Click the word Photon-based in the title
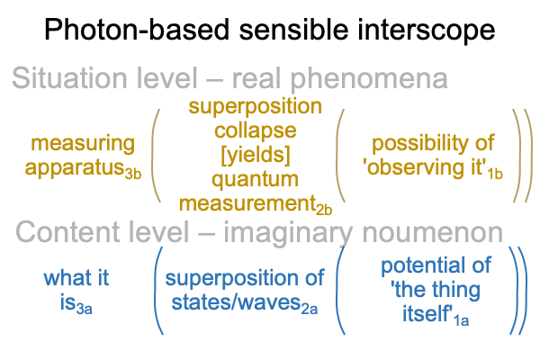[x=137, y=31]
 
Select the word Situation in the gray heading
[x=69, y=78]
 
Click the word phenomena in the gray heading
[x=368, y=79]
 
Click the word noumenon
[x=433, y=233]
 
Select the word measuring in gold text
[x=83, y=144]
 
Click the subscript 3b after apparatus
[x=133, y=174]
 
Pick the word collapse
[x=256, y=131]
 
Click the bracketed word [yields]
[x=256, y=155]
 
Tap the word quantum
[x=256, y=180]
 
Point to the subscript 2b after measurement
[x=324, y=209]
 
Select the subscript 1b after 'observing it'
[x=495, y=174]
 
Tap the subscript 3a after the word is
[x=85, y=309]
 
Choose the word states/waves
[x=236, y=302]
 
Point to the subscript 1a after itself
[x=461, y=320]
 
